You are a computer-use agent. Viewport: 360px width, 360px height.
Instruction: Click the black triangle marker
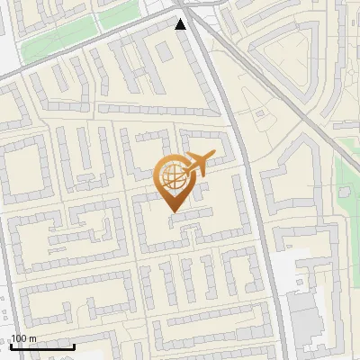coord(181,24)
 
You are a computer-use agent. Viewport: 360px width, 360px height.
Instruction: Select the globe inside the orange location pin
coord(171,179)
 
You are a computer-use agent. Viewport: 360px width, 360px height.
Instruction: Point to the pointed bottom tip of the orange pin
coord(172,211)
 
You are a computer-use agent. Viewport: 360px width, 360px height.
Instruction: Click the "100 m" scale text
coord(23,337)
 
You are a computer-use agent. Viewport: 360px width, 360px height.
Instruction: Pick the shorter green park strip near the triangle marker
coord(117,17)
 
